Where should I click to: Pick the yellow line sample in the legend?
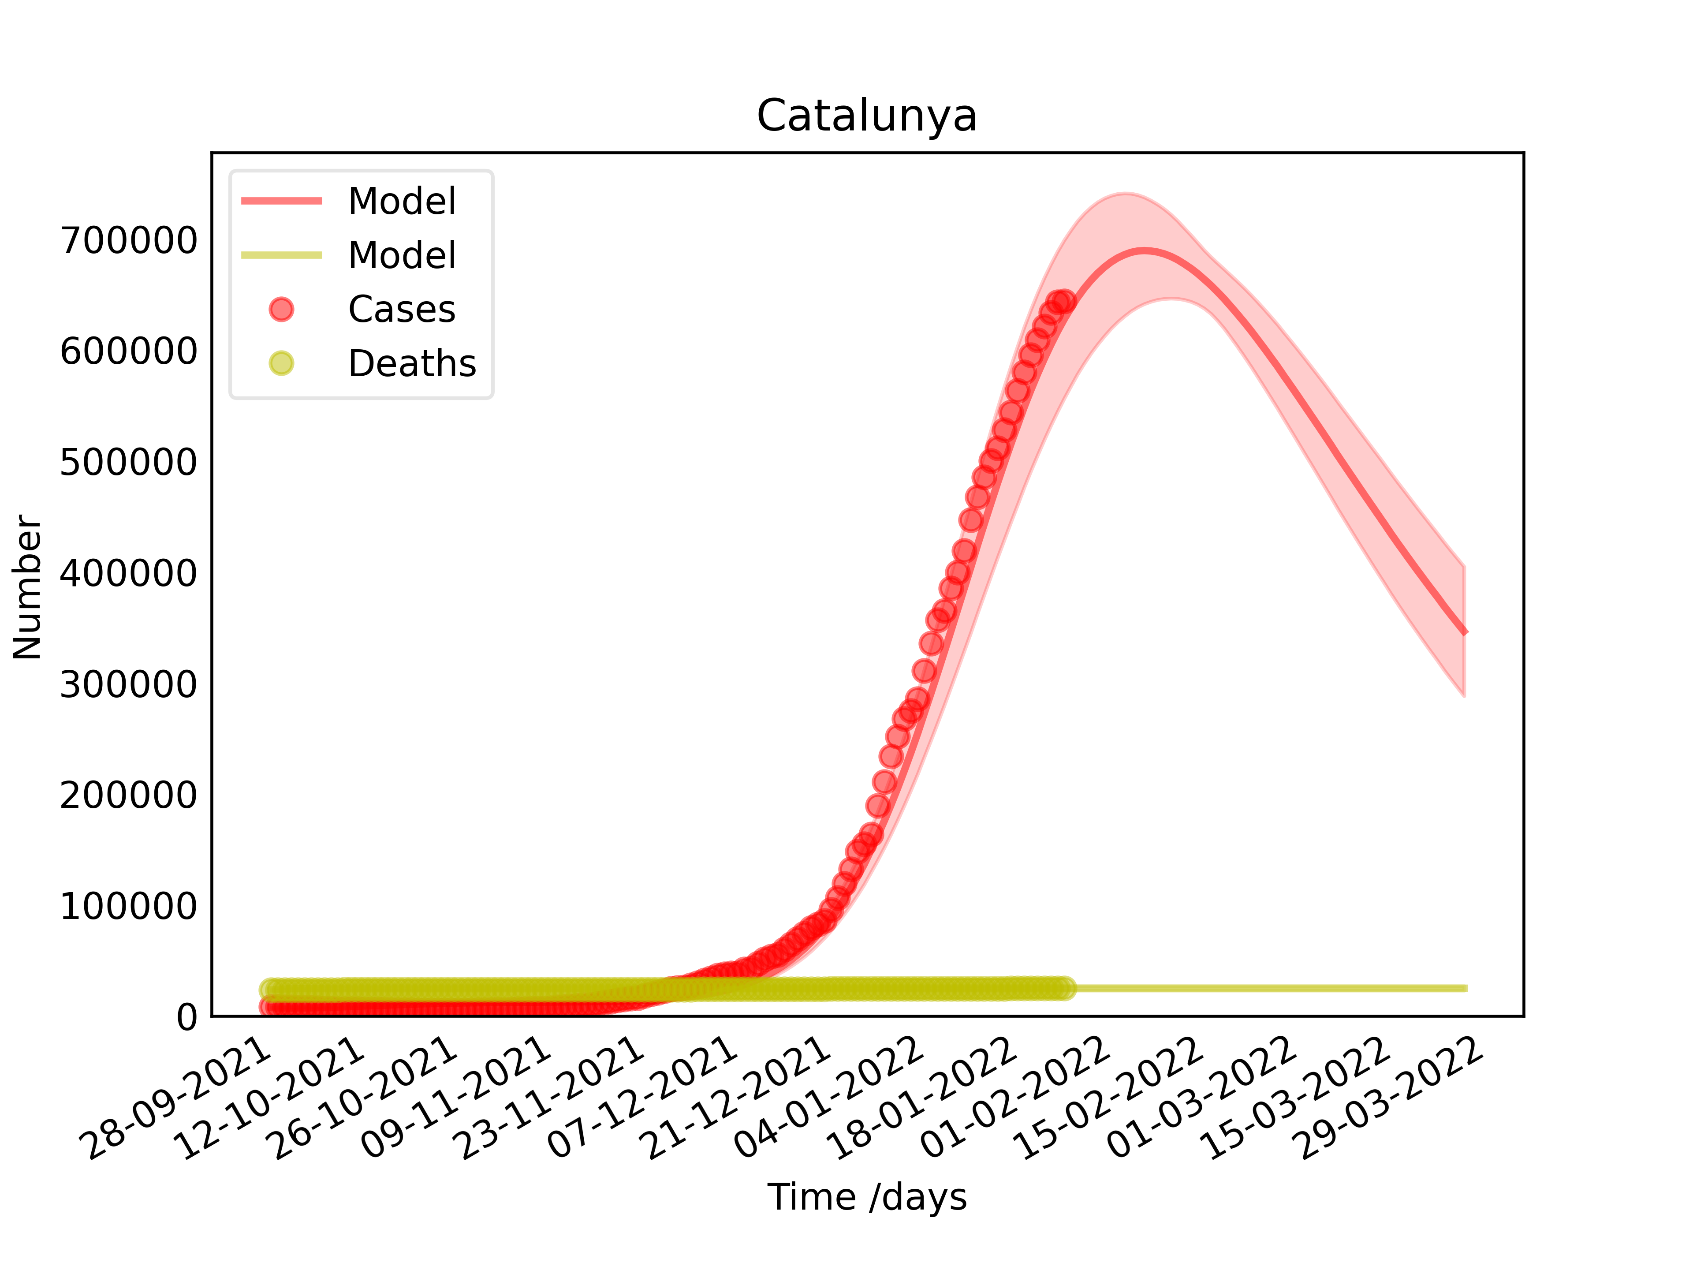tap(282, 255)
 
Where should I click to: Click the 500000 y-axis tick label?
tap(129, 463)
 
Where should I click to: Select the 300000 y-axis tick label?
tap(129, 684)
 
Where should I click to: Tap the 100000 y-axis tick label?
tap(129, 906)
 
